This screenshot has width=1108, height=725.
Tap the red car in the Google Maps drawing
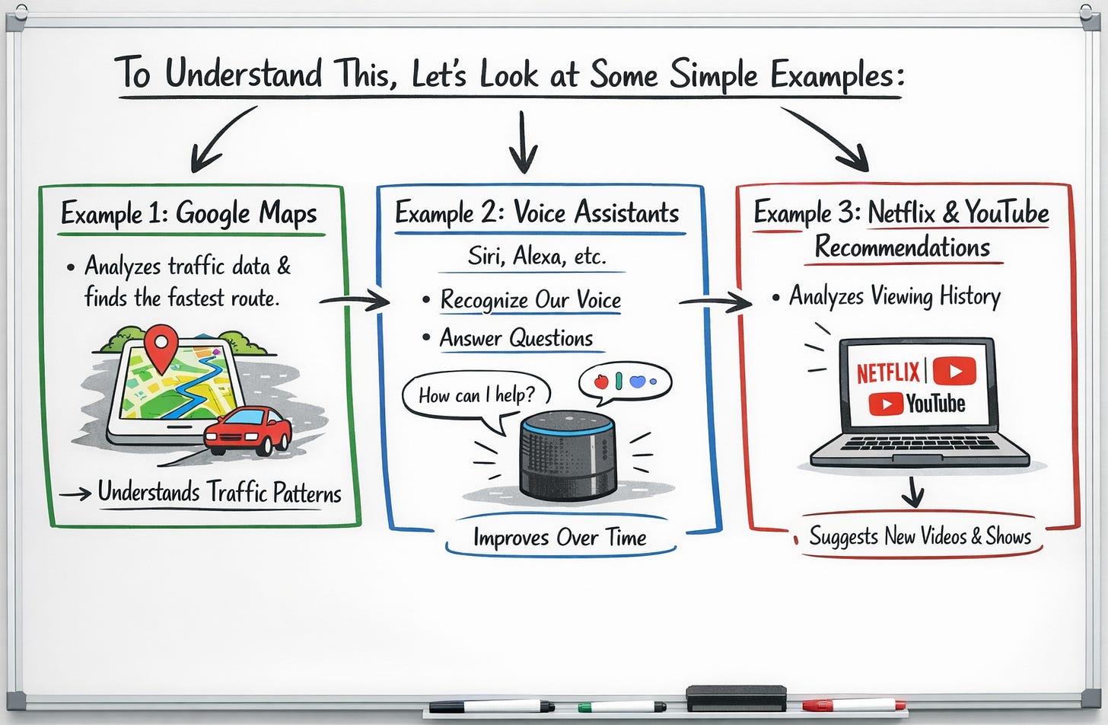248,431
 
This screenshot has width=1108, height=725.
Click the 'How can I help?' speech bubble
476,395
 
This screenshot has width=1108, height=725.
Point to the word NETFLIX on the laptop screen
888,373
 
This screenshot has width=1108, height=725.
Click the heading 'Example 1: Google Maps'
189,214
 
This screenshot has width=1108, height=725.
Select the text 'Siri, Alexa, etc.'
536,256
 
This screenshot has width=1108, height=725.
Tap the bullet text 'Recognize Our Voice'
530,300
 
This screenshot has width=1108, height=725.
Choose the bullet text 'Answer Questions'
516,338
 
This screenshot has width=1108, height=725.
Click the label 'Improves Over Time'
559,538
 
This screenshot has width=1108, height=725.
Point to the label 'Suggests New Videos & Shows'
919,536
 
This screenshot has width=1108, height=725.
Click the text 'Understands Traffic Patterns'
219,493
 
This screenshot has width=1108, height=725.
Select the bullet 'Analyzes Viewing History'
894,296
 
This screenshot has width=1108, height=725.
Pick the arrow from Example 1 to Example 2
354,302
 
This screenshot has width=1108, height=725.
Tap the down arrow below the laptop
912,492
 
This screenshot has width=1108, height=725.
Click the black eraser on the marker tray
736,698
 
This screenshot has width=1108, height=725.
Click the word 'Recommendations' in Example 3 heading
903,248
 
